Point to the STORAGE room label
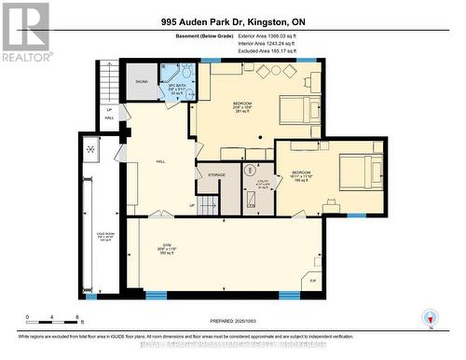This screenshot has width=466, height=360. click(216, 174)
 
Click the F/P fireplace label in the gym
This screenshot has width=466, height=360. click(312, 281)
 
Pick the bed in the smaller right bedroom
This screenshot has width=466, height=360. click(359, 173)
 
